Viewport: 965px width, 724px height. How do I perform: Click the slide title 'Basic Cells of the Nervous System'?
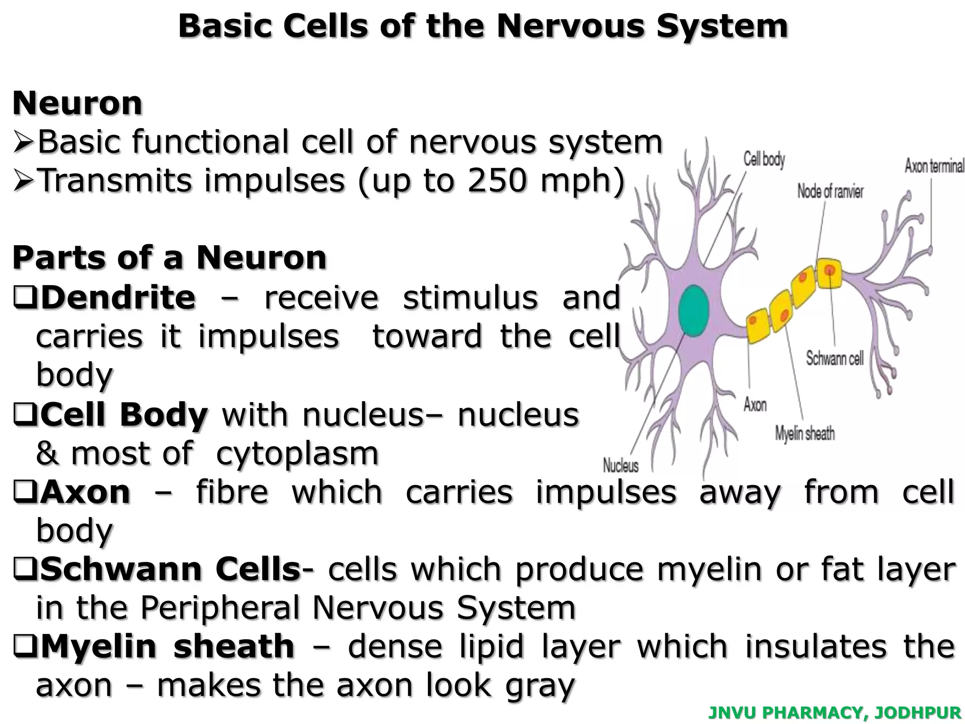[x=482, y=26]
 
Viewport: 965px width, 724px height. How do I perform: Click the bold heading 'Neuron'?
[x=77, y=103]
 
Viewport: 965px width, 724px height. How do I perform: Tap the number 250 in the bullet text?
[x=496, y=180]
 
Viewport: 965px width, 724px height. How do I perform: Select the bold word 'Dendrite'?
[x=118, y=297]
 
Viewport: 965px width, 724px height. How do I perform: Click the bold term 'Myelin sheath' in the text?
[x=168, y=646]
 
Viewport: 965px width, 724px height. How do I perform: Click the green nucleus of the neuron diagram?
[x=694, y=311]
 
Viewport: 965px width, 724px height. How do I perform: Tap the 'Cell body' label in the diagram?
[x=764, y=159]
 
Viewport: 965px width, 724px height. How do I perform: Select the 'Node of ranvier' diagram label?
[x=830, y=191]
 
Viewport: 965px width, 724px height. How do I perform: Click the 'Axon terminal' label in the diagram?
[x=934, y=166]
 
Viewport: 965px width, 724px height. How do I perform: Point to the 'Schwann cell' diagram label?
[x=834, y=359]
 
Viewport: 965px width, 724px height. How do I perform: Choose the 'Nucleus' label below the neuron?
[x=621, y=466]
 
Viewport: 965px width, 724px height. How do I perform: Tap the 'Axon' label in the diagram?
[x=755, y=404]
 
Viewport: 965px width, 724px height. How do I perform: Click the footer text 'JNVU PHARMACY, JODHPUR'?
[x=834, y=713]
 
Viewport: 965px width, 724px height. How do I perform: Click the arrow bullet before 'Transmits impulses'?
[x=23, y=181]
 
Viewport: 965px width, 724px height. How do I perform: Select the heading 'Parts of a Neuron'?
[x=170, y=258]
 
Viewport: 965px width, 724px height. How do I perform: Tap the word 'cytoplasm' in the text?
[x=297, y=453]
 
